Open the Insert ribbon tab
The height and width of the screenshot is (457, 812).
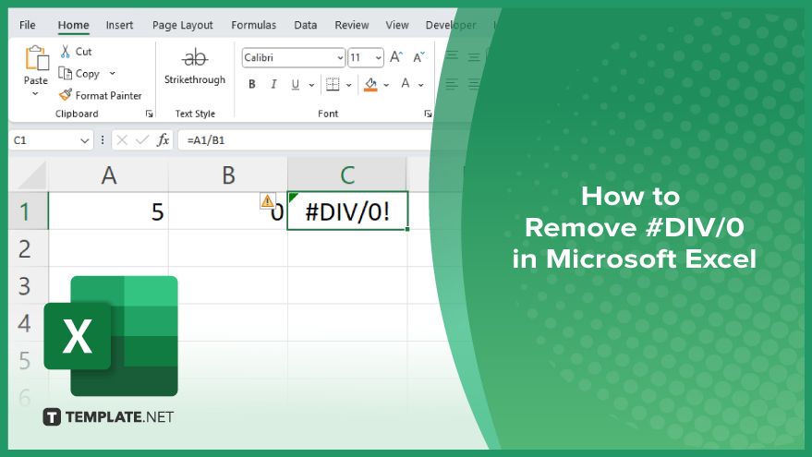click(119, 25)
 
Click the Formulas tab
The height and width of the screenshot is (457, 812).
click(253, 25)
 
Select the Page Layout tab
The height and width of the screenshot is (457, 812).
click(182, 25)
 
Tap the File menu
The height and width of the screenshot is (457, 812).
click(28, 25)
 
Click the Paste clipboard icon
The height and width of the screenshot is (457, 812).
click(37, 58)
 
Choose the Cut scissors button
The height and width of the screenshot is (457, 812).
click(66, 51)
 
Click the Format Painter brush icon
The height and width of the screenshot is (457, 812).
click(66, 95)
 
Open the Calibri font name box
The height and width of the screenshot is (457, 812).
click(293, 57)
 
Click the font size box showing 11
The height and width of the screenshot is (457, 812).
click(366, 57)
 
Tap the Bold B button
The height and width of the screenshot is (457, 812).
click(251, 84)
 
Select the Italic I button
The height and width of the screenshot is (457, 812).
click(273, 84)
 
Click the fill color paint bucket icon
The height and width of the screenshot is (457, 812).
click(370, 84)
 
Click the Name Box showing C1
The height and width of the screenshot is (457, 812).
click(51, 140)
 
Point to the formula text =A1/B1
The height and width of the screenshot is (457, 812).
click(206, 140)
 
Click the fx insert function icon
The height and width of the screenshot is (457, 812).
click(164, 139)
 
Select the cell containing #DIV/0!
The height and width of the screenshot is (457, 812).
click(347, 210)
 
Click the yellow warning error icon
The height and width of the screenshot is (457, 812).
click(267, 201)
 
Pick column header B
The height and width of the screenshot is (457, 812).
click(228, 175)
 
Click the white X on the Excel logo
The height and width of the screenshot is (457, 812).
click(78, 336)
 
